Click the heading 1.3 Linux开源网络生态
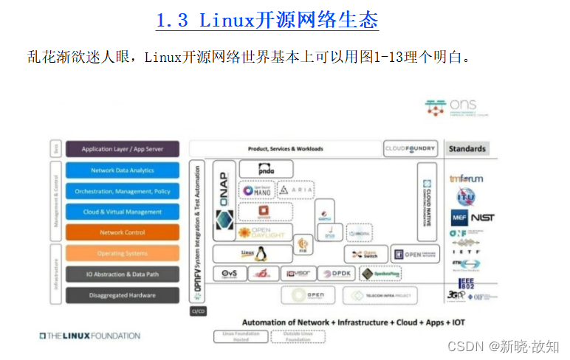tap(267, 19)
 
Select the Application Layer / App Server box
tap(123, 149)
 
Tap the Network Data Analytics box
tap(123, 170)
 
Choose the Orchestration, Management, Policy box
tap(123, 191)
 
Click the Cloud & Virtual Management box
tap(123, 212)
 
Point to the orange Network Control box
tap(123, 232)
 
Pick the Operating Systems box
tap(123, 253)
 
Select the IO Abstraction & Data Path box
tap(123, 274)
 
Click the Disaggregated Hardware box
tap(123, 295)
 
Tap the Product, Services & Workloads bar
tap(285, 149)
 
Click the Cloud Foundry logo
tap(411, 149)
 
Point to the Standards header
tap(467, 149)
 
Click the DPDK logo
tap(337, 274)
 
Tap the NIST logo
tap(483, 218)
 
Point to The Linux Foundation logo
tap(89, 336)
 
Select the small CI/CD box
tap(198, 311)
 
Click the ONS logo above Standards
tap(450, 108)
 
